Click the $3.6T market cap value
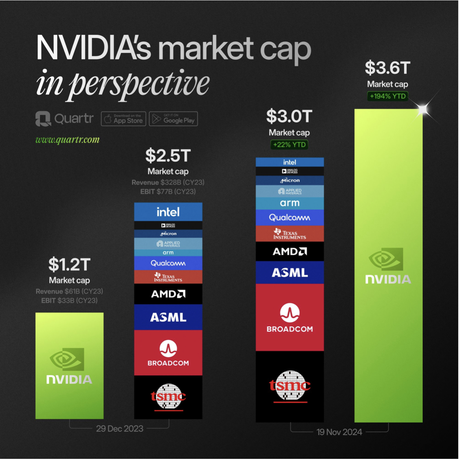click(387, 68)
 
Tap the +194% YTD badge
click(387, 96)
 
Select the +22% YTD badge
click(289, 145)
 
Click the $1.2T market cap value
click(69, 265)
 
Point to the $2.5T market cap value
click(168, 156)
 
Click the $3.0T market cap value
click(289, 116)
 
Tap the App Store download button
click(124, 119)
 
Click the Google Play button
click(173, 119)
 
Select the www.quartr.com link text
click(67, 140)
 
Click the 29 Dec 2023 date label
click(119, 429)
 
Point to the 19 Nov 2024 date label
click(339, 432)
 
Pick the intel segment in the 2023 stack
click(168, 212)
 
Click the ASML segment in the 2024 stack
click(289, 273)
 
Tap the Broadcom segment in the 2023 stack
click(168, 353)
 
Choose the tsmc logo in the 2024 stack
click(290, 386)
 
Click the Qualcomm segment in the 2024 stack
click(289, 218)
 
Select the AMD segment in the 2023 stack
click(168, 294)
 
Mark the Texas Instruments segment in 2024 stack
click(289, 234)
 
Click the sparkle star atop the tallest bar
click(423, 109)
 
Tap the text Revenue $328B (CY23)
click(168, 182)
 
